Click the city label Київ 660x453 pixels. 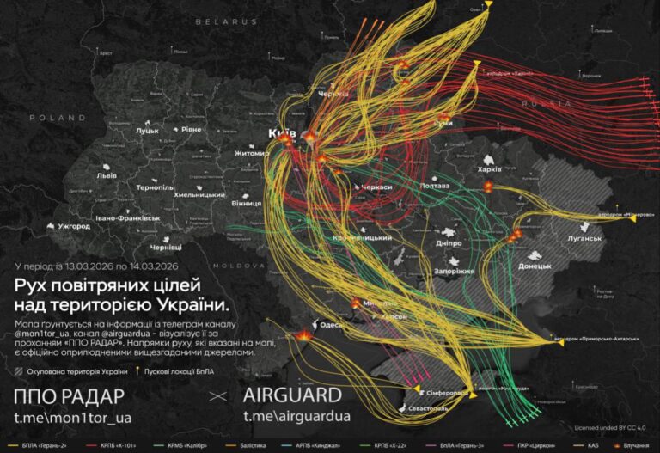282,135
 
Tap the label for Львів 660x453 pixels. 107,175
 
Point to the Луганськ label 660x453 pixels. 584,237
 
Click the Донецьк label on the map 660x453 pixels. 535,266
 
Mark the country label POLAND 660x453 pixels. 58,117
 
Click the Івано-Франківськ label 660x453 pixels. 128,218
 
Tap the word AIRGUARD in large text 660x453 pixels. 292,395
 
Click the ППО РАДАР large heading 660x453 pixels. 70,395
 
